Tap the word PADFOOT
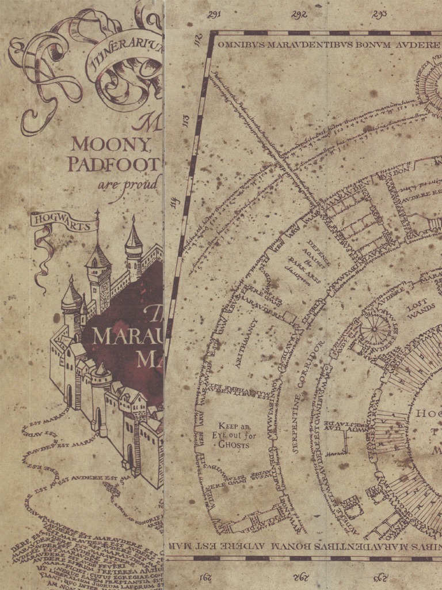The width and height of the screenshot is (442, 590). pos(112,164)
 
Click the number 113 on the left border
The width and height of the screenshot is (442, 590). pos(185,122)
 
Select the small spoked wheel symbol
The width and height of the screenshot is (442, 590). pos(375,330)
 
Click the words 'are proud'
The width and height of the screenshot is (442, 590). pos(128,184)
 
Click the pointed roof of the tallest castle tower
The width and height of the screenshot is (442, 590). pos(134,234)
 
